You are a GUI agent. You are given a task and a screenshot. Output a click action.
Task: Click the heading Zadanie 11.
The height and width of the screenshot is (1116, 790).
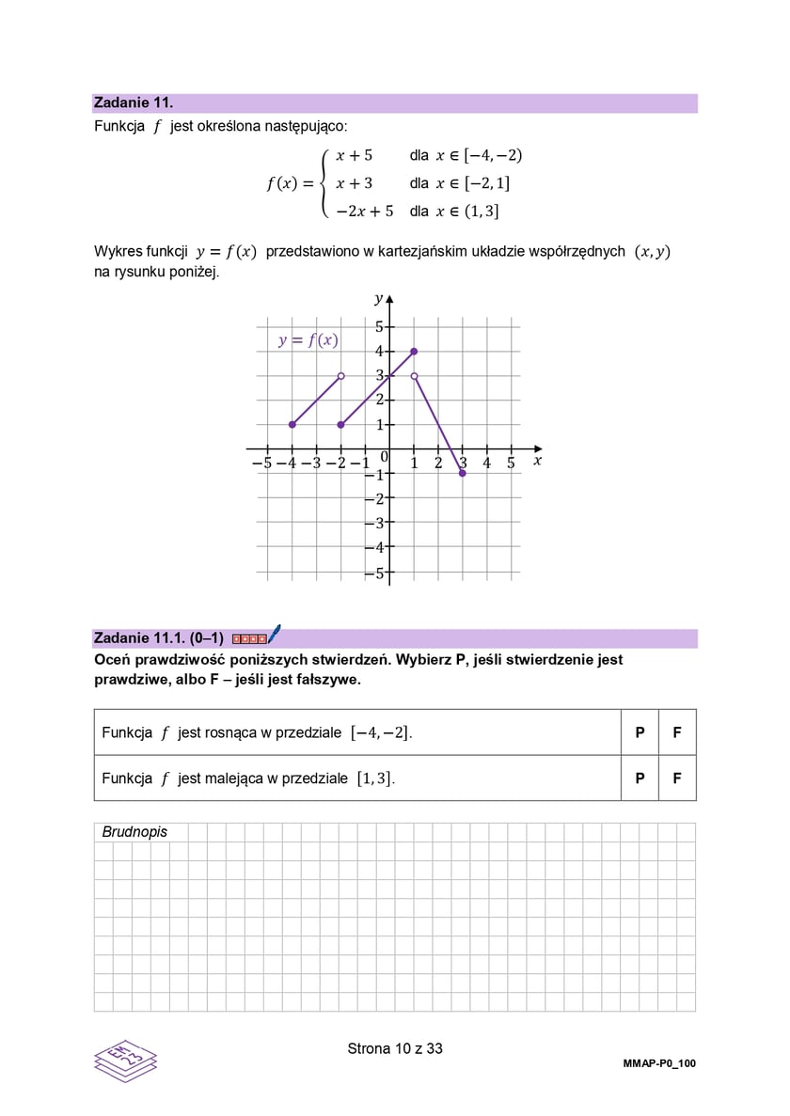pyautogui.click(x=134, y=103)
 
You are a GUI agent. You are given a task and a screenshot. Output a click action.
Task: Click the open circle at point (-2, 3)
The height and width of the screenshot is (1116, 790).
pyautogui.click(x=340, y=375)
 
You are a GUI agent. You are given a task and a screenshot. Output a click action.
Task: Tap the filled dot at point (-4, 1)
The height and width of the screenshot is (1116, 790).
pyautogui.click(x=292, y=424)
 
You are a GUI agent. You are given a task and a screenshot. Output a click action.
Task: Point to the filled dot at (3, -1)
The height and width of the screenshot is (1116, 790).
pyautogui.click(x=463, y=473)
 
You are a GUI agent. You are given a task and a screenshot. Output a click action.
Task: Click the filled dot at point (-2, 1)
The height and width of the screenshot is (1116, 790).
pyautogui.click(x=340, y=424)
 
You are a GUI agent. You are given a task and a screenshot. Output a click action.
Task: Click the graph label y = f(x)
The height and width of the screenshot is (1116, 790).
pyautogui.click(x=308, y=340)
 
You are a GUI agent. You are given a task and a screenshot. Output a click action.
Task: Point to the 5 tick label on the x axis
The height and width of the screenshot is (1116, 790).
pyautogui.click(x=511, y=463)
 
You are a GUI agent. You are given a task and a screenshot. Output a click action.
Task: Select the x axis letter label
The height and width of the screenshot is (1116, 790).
pyautogui.click(x=538, y=461)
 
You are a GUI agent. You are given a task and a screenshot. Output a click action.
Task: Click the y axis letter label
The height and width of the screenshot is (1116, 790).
pyautogui.click(x=378, y=299)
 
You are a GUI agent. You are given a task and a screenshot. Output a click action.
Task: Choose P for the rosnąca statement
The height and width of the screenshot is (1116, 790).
pyautogui.click(x=640, y=732)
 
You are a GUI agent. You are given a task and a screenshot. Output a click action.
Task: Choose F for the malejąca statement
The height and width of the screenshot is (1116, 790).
pyautogui.click(x=677, y=778)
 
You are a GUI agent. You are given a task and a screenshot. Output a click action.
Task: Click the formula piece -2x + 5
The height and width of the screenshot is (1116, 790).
pyautogui.click(x=365, y=212)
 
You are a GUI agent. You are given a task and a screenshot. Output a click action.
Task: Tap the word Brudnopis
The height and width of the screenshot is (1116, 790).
pyautogui.click(x=134, y=832)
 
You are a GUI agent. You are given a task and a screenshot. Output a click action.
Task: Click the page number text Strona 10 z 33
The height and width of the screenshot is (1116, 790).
pyautogui.click(x=395, y=1048)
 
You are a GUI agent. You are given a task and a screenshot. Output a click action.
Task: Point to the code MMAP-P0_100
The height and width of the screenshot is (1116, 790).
pyautogui.click(x=659, y=1063)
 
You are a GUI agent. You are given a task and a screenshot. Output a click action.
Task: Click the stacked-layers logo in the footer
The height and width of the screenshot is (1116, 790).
pyautogui.click(x=125, y=1060)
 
